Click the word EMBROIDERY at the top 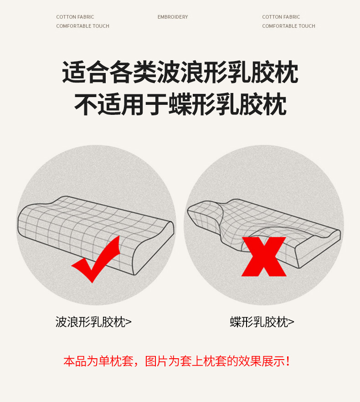coord(173,17)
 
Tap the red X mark coord(264,257)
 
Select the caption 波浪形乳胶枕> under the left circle coord(93,322)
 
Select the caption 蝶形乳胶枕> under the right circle coord(262,322)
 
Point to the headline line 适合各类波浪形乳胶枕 coord(180,72)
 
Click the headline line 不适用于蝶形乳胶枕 coord(180,104)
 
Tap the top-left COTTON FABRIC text coord(75,17)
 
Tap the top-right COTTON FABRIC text coord(281,17)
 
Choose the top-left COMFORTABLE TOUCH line coord(82,26)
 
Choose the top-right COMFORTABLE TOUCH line coord(288,26)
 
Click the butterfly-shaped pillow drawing coord(264,231)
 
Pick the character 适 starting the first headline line coord(74,72)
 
